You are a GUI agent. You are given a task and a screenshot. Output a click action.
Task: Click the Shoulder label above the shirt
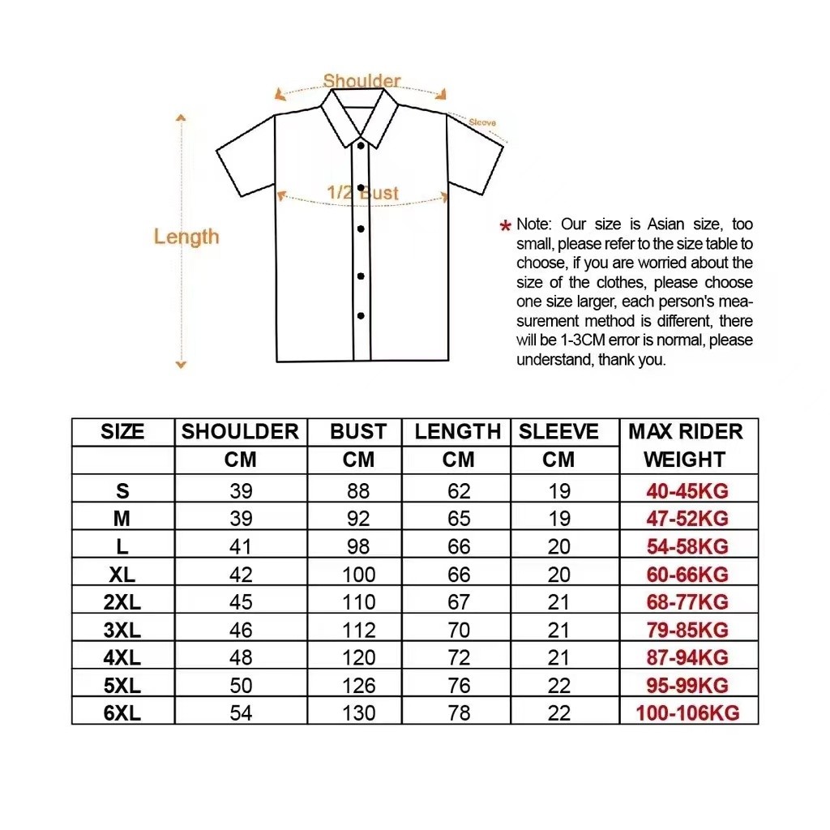point(362,81)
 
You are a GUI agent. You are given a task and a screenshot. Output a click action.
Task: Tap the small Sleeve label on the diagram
point(482,122)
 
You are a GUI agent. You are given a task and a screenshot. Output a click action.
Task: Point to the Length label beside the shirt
point(186,237)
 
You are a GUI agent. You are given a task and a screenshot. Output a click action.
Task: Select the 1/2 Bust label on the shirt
point(363,193)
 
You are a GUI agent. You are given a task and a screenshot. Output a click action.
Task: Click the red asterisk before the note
point(506,225)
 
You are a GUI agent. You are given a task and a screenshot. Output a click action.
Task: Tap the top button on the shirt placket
point(361,146)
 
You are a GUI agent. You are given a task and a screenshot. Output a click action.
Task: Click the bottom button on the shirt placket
point(361,315)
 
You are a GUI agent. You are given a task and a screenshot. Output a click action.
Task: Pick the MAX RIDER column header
point(686,431)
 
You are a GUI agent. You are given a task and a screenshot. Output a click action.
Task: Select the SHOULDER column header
point(240,431)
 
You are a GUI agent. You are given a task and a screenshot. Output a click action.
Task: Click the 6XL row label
point(122,713)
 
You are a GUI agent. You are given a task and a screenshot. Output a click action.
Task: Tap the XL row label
point(122,575)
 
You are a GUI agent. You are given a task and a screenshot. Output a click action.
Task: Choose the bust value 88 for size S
point(358,491)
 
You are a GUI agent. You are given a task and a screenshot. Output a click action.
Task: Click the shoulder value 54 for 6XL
point(241,713)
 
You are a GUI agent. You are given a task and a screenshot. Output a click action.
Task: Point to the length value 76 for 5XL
point(459,686)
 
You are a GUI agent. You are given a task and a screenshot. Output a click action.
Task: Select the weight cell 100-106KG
point(687,713)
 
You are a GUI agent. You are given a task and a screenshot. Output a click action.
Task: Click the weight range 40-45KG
point(687,491)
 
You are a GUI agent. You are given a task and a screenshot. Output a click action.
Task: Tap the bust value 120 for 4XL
point(358,657)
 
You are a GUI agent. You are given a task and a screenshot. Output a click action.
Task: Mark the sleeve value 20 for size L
point(558,547)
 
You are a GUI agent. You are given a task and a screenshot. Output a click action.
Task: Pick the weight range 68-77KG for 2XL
point(687,602)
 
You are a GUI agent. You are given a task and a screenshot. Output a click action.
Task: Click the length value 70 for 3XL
point(459,630)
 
